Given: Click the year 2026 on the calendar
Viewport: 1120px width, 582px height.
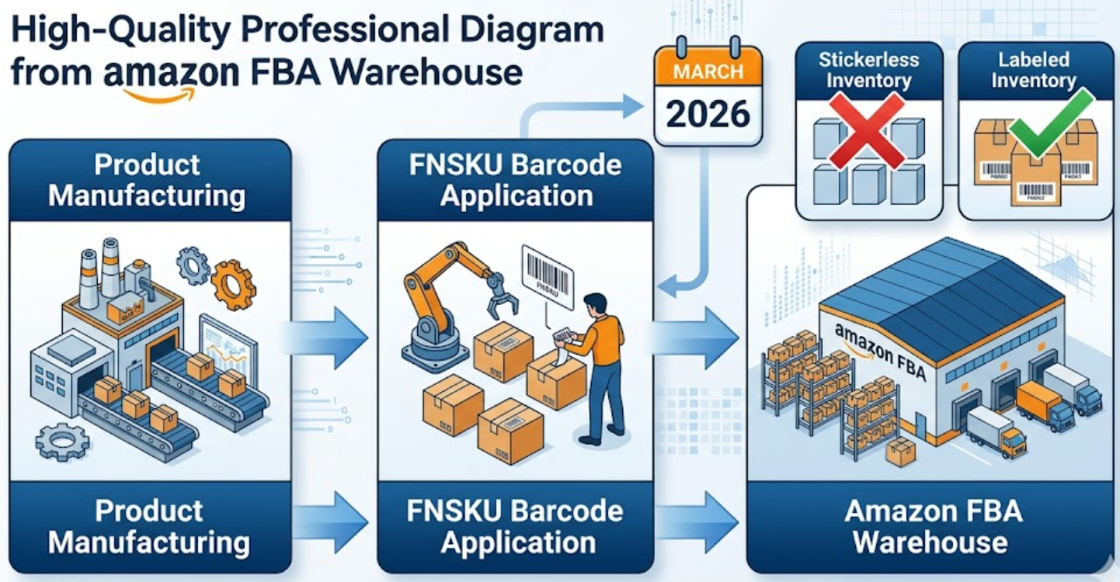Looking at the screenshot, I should (708, 114).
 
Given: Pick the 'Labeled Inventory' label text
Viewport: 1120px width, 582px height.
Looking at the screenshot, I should (1033, 70).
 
